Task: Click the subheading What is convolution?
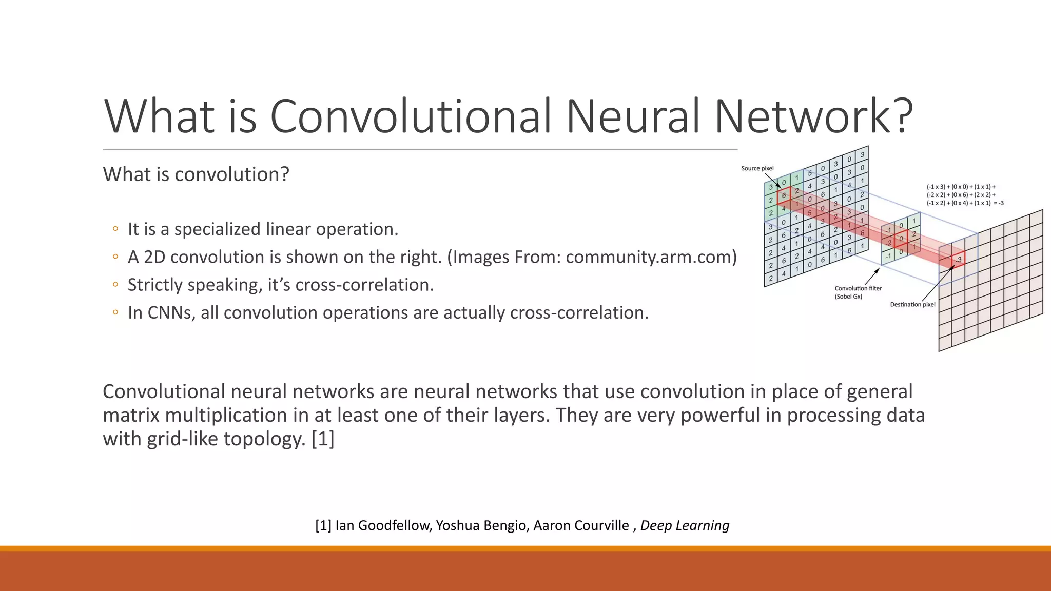pos(196,174)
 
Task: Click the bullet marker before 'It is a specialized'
pos(115,229)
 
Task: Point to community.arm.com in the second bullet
pos(648,257)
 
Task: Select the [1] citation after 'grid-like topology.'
pos(323,439)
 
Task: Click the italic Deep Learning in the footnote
pos(685,525)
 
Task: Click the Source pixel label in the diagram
pos(757,168)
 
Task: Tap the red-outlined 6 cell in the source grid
pos(783,195)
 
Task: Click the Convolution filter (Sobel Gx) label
pos(858,292)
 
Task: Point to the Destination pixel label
pos(912,304)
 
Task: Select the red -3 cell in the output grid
pos(958,260)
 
